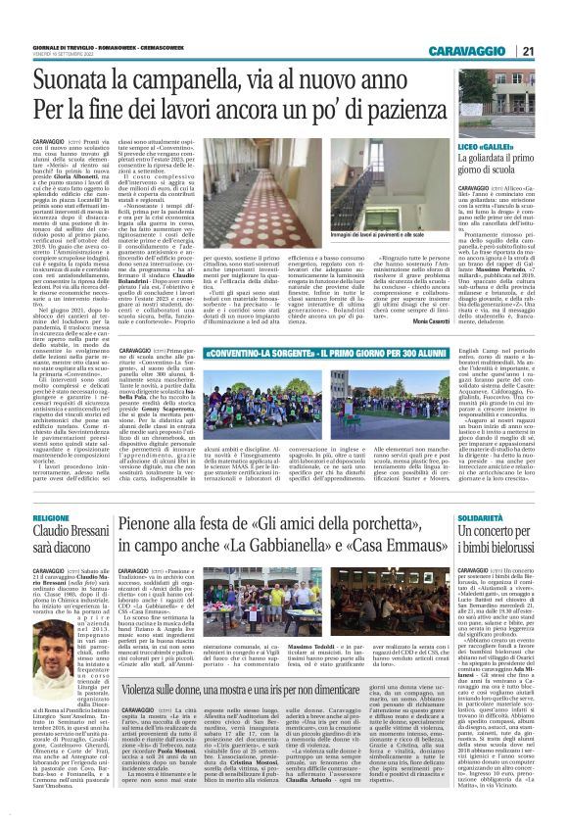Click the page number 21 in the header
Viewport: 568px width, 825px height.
555,51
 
